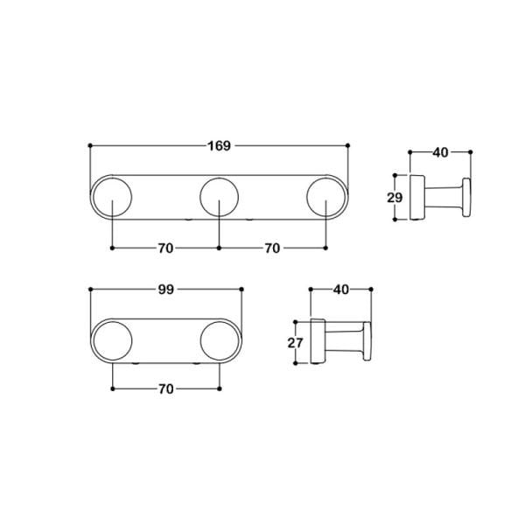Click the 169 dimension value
click(220, 146)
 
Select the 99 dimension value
click(166, 290)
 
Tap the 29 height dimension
click(395, 198)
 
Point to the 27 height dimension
click(296, 343)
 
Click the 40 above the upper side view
click(440, 152)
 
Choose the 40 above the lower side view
click(341, 290)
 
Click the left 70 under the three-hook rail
click(165, 248)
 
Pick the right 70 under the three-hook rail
click(272, 248)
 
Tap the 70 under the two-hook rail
click(166, 389)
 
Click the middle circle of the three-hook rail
click(220, 178)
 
